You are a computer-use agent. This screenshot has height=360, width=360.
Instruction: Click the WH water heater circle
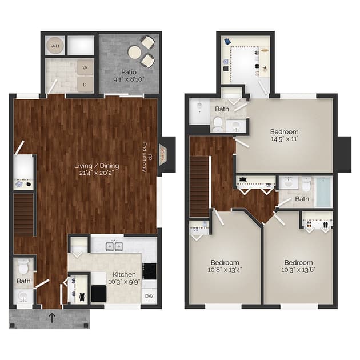click(x=55, y=45)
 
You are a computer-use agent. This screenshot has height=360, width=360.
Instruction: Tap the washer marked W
click(x=85, y=67)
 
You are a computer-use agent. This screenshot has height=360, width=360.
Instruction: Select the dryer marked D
click(x=85, y=83)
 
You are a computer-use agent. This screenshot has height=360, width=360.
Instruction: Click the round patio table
click(x=135, y=52)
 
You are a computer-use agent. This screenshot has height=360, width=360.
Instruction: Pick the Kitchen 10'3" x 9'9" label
click(x=125, y=278)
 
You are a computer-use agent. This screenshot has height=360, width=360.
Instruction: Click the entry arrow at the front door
click(x=52, y=317)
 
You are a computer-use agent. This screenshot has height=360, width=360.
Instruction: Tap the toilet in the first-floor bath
click(x=23, y=267)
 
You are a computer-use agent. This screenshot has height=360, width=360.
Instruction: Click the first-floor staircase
click(x=23, y=214)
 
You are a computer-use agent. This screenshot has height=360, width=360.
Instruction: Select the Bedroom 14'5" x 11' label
click(x=285, y=134)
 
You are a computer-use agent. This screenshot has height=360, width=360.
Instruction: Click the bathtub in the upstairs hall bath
click(x=323, y=192)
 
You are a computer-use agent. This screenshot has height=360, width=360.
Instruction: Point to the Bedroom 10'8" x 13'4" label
click(x=224, y=267)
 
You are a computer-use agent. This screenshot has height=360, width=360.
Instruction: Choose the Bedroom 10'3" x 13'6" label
click(x=298, y=267)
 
